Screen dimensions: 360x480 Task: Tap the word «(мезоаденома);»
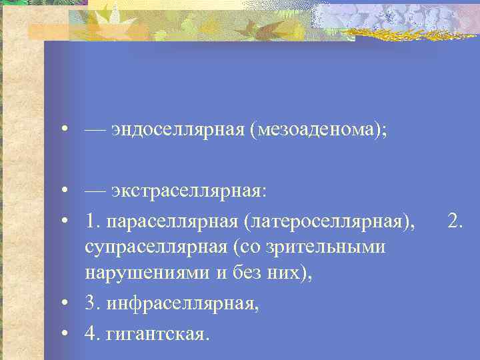click(318, 129)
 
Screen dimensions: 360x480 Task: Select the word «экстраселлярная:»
click(189, 192)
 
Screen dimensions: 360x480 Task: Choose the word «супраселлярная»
click(156, 247)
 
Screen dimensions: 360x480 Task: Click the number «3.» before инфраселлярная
click(93, 303)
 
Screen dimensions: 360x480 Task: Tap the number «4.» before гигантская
click(93, 331)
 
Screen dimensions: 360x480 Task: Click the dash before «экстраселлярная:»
click(95, 192)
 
